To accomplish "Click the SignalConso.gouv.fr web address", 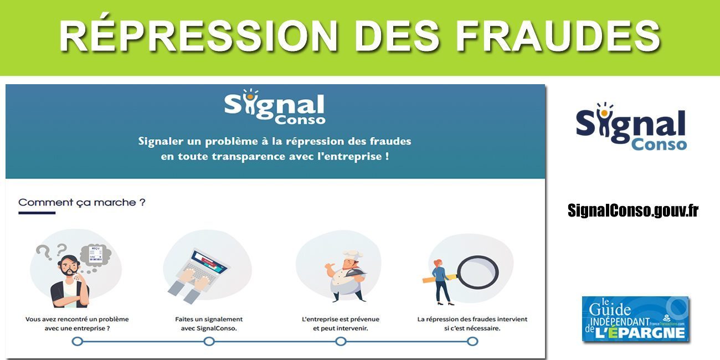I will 633,210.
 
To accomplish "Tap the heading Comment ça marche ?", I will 82,203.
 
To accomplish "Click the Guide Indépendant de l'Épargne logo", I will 635,319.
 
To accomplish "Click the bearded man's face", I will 69,269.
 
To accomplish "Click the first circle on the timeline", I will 78,341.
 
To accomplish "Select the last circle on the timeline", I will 472,341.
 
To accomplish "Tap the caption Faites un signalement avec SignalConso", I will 209,324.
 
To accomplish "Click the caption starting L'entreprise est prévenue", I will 341,324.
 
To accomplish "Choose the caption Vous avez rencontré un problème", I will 77,324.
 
